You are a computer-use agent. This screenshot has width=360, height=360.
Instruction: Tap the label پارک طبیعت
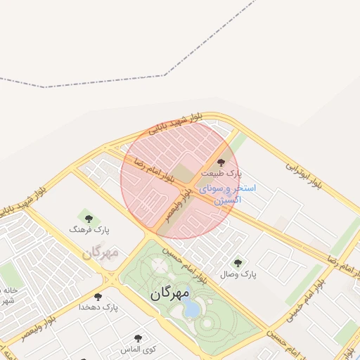tap(221, 172)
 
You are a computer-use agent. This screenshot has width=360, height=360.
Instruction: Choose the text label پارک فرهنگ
tap(89, 229)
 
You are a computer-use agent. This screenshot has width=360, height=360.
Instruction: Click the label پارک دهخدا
tap(99, 307)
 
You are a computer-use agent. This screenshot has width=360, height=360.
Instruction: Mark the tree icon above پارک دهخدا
tap(98, 297)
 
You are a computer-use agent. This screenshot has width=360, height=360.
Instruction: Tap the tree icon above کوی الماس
tap(139, 339)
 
